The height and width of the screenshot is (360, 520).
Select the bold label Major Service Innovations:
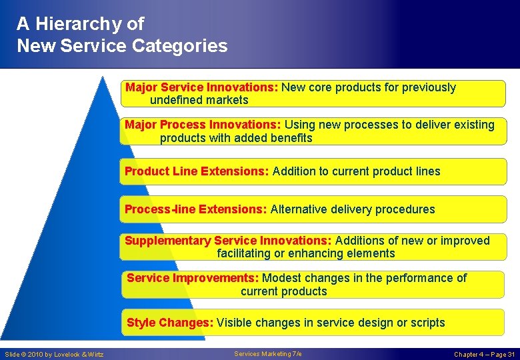202,87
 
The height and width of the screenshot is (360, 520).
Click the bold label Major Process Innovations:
203,125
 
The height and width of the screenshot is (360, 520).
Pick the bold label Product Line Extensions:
197,171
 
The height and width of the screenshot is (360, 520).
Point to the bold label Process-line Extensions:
196,209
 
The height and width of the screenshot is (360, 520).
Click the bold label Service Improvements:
193,278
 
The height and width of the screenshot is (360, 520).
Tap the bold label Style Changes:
170,323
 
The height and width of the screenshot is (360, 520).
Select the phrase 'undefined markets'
199,100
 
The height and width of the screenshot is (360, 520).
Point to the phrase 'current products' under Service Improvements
284,291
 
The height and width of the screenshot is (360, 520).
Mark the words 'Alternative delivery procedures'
353,209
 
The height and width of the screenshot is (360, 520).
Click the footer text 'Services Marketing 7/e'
268,354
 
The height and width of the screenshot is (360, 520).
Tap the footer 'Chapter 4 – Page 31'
484,354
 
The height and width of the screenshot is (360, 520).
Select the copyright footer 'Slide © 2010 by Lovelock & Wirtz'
55,354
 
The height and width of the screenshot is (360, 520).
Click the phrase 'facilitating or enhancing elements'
306,253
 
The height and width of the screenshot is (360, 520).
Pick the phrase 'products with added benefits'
236,138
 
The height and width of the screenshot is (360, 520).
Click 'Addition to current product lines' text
356,171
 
